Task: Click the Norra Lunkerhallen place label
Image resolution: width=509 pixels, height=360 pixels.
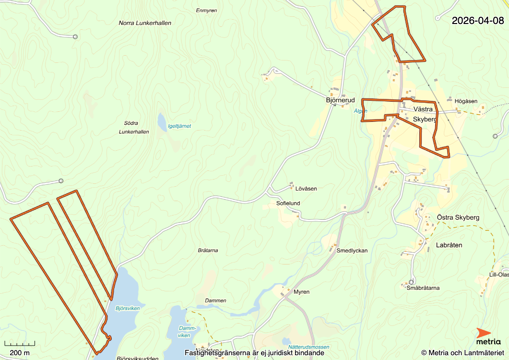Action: [145, 23]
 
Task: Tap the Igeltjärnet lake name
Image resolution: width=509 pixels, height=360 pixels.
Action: [179, 126]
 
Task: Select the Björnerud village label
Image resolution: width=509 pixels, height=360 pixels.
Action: [340, 100]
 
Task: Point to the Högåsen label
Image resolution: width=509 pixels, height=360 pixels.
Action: [466, 101]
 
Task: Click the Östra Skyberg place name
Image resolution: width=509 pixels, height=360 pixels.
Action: [458, 217]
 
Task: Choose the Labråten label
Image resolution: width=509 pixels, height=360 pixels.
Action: [449, 245]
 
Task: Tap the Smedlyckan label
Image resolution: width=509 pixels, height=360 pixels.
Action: [352, 251]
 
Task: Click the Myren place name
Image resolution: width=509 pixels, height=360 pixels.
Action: [301, 292]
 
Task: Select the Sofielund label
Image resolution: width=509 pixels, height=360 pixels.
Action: [288, 203]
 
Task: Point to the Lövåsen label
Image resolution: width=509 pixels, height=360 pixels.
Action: [306, 189]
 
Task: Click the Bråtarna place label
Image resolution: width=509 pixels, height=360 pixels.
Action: [208, 251]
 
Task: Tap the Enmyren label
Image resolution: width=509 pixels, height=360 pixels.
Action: [207, 10]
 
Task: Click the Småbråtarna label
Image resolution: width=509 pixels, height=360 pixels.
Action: [423, 288]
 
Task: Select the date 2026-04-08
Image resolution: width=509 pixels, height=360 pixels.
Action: [478, 21]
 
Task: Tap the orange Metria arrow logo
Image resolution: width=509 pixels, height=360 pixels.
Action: [484, 333]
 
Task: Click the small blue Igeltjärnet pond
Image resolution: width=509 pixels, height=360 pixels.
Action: [162, 120]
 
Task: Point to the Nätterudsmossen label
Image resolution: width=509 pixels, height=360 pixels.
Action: [309, 347]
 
